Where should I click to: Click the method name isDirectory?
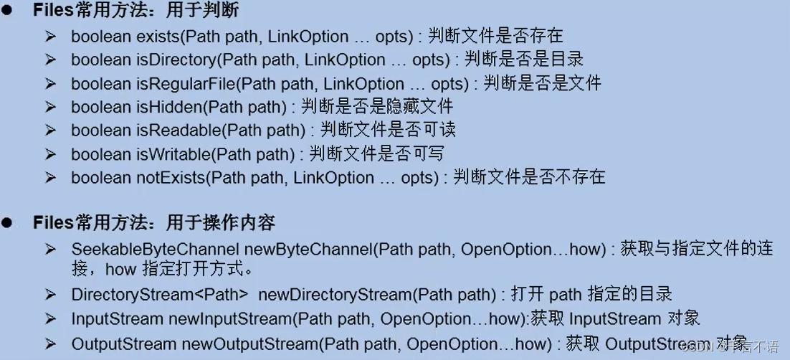(x=176, y=60)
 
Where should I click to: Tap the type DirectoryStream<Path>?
(x=160, y=295)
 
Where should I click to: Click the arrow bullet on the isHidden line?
(x=50, y=107)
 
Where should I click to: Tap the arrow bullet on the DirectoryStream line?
(x=50, y=295)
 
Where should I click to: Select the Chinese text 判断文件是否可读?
(x=388, y=131)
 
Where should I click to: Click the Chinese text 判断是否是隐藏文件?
(x=377, y=107)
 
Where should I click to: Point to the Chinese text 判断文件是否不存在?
(x=529, y=178)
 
